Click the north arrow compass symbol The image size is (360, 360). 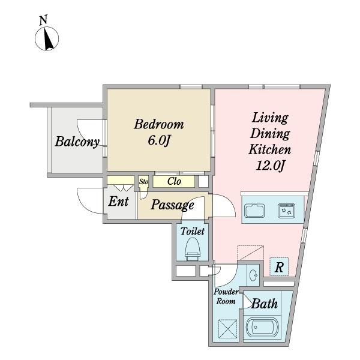click(x=47, y=38)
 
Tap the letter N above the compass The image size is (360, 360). click(x=43, y=20)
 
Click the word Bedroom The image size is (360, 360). click(x=159, y=124)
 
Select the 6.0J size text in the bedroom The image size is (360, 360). click(x=159, y=140)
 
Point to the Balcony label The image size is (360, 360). click(x=77, y=142)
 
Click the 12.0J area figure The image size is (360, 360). click(x=270, y=165)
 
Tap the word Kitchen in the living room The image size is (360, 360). click(x=270, y=149)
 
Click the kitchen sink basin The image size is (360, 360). click(x=254, y=211)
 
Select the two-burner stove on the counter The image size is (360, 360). click(x=287, y=211)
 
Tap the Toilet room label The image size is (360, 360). click(x=193, y=231)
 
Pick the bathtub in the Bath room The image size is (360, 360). click(x=262, y=328)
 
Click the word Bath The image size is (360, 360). click(x=265, y=304)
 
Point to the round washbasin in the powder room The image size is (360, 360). click(x=253, y=275)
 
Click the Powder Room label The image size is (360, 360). click(x=226, y=296)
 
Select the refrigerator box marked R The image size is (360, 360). click(x=279, y=267)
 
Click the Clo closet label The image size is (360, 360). click(x=174, y=181)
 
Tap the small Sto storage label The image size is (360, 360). click(x=144, y=182)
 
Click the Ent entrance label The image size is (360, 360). click(x=118, y=202)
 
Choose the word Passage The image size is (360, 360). click(x=172, y=205)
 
